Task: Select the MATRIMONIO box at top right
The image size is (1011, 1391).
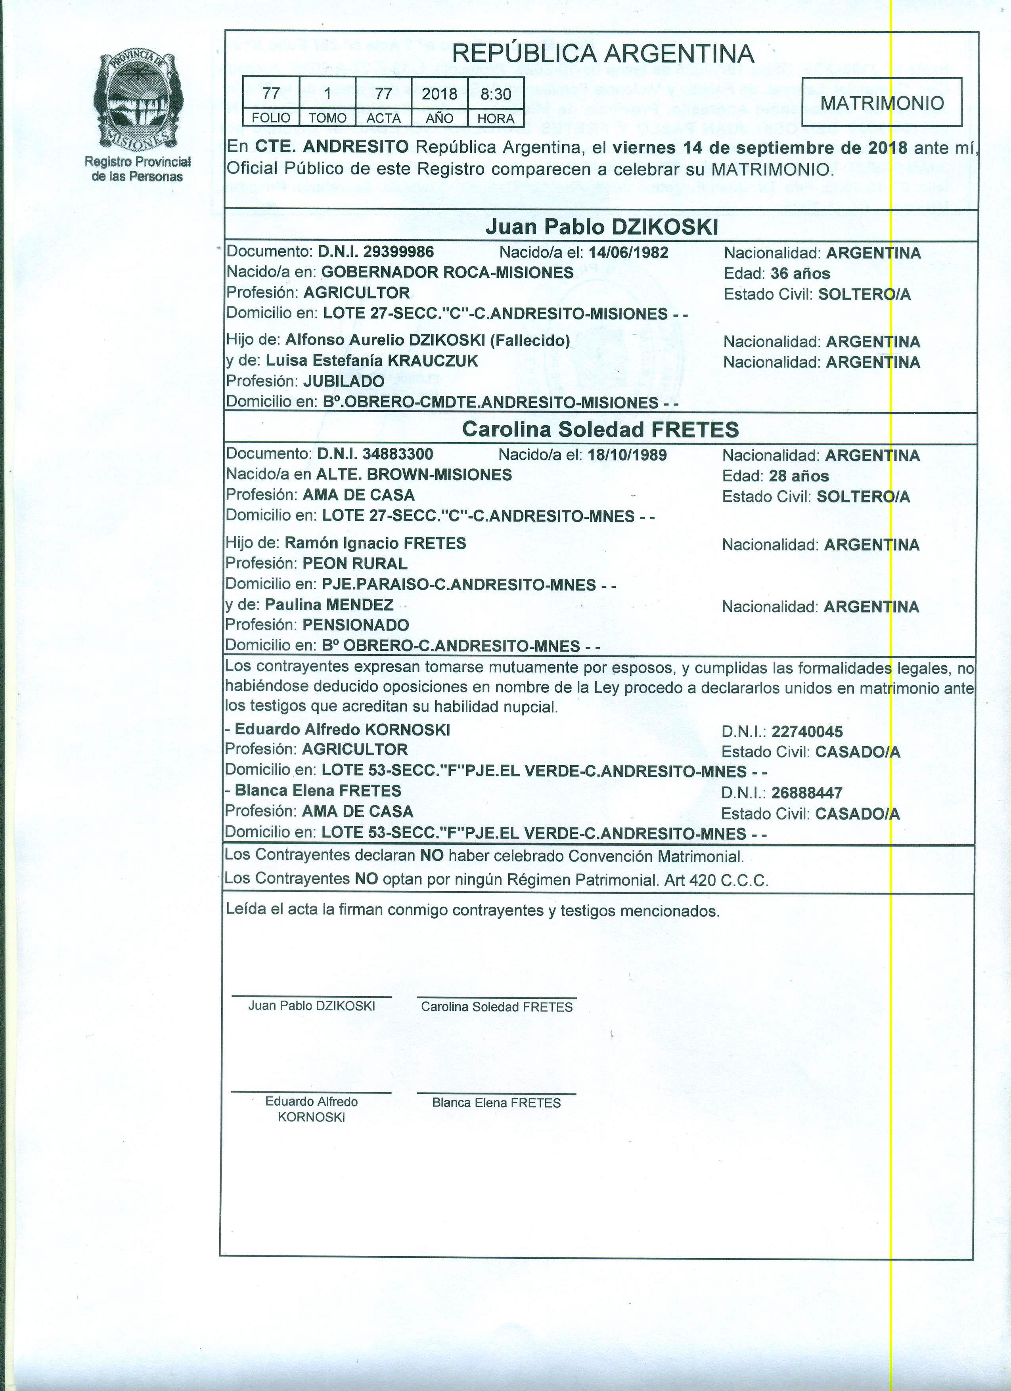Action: (x=882, y=102)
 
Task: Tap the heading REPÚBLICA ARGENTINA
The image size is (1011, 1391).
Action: (x=602, y=54)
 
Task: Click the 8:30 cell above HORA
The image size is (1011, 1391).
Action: (x=496, y=94)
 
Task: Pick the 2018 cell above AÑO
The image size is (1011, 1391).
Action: (x=439, y=94)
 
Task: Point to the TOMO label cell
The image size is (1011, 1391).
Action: (x=327, y=118)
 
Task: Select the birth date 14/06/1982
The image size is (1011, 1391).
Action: (x=628, y=252)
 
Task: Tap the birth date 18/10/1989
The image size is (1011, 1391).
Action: (x=627, y=455)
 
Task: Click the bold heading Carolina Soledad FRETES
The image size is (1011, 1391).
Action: (x=601, y=429)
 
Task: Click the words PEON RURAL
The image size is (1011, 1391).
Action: (x=354, y=563)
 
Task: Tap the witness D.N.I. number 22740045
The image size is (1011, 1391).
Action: (x=807, y=731)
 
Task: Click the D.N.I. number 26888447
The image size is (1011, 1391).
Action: (x=807, y=793)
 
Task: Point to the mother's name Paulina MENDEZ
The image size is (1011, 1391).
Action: (x=329, y=605)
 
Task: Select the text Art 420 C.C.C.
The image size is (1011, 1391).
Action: (x=716, y=881)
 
